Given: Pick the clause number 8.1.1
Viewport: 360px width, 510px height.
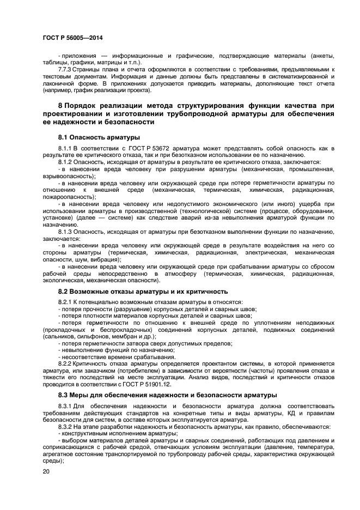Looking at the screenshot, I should pyautogui.click(x=65, y=148).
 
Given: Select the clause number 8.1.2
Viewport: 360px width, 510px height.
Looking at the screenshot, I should pyautogui.click(x=65, y=162).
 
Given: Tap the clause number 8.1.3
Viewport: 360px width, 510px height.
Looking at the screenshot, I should pyautogui.click(x=65, y=231).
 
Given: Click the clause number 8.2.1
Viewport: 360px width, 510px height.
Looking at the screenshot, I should pyautogui.click(x=65, y=302).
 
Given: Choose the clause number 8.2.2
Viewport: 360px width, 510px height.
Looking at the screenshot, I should pyautogui.click(x=65, y=363).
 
